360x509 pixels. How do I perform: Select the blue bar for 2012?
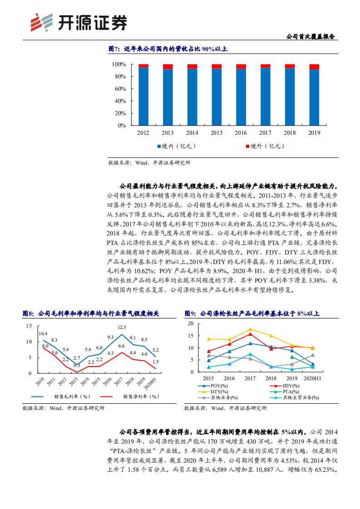[143, 96]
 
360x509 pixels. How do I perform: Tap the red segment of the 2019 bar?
[314, 67]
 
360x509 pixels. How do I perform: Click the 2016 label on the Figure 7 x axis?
[241, 133]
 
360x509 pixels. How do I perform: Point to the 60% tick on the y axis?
[119, 89]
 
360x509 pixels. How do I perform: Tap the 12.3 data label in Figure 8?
[122, 327]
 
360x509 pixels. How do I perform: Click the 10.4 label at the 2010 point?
[44, 333]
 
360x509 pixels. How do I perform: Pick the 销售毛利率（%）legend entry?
[68, 396]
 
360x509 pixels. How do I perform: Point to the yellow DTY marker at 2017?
[250, 330]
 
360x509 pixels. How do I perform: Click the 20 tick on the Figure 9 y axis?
[191, 323]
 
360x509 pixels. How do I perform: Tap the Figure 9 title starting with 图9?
[252, 313]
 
